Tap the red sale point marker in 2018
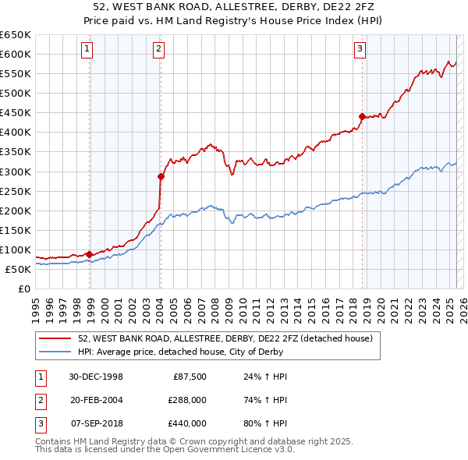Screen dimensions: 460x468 362,116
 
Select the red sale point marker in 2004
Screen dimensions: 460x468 161,176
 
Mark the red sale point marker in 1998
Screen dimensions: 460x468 90,254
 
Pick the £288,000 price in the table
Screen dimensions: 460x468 186,399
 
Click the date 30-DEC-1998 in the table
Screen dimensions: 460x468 96,376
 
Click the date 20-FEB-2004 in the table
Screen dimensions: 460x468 96,399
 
